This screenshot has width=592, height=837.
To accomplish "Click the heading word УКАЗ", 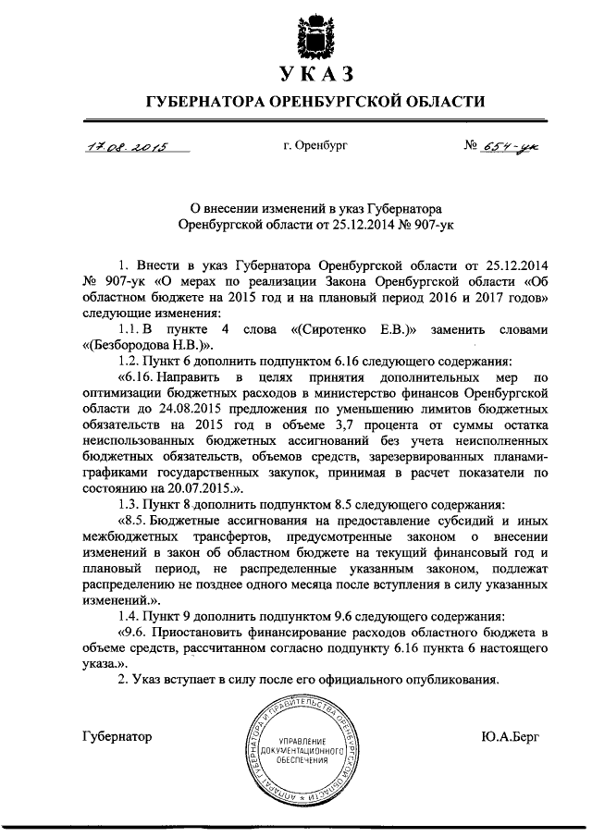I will click(317, 73).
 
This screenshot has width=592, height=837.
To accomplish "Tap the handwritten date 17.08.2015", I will click(121, 146).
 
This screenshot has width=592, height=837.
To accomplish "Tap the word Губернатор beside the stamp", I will click(117, 736).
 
